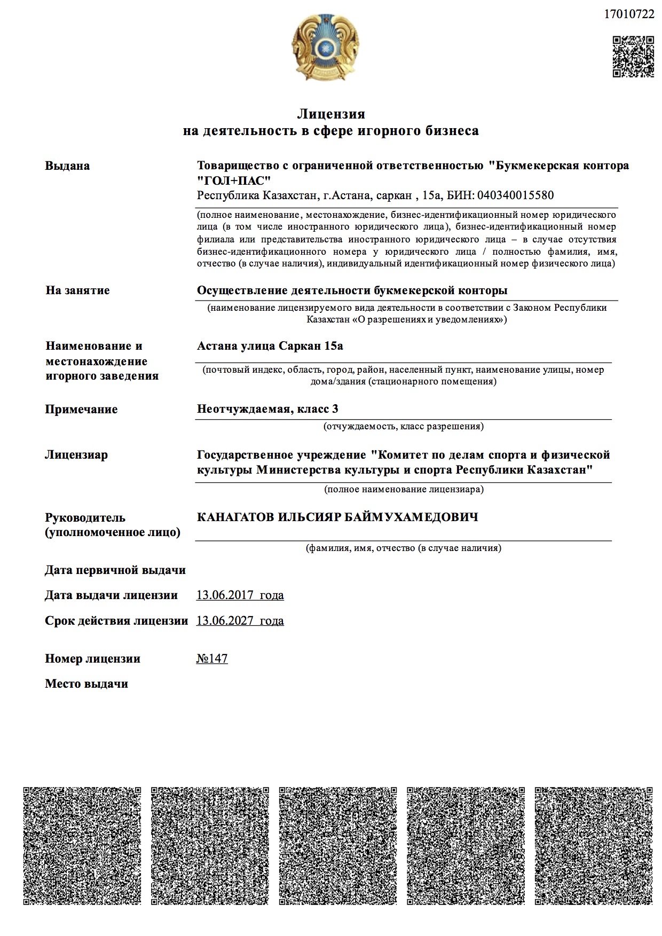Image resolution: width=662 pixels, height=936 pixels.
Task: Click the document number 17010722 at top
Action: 628,14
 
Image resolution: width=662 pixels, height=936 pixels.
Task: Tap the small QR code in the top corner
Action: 633,57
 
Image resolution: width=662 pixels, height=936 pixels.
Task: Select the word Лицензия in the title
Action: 331,114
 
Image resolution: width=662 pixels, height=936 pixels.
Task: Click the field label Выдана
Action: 67,166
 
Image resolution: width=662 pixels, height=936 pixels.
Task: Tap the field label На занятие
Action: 77,290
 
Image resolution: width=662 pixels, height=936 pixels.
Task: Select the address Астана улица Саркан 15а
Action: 270,346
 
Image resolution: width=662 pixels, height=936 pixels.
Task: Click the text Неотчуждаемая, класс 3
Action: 267,409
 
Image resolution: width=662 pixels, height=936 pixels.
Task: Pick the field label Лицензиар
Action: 76,455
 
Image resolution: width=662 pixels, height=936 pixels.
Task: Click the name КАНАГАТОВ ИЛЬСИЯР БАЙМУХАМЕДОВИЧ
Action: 337,517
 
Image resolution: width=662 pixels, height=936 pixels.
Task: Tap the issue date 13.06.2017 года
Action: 240,595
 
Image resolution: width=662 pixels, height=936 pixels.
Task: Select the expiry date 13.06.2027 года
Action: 240,620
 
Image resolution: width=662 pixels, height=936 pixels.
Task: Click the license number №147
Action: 212,658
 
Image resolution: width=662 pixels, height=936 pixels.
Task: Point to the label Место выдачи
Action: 86,683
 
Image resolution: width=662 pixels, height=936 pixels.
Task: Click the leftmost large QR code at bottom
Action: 82,845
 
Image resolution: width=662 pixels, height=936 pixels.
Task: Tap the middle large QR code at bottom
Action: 337,845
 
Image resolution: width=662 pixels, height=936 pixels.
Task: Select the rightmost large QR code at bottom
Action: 593,845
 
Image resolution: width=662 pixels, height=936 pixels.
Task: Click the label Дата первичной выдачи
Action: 115,570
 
